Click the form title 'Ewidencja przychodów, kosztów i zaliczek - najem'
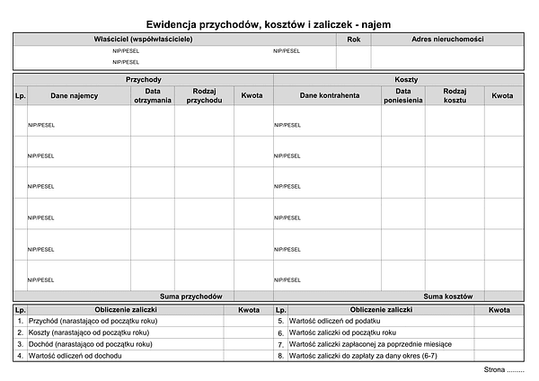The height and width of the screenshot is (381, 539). click(268, 25)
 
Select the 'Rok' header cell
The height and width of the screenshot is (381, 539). click(353, 40)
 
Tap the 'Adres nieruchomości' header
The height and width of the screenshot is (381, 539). click(447, 40)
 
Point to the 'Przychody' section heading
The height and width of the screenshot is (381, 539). click(144, 80)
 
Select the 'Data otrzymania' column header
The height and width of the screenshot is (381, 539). click(153, 95)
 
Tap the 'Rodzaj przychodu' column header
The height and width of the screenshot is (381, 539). click(204, 95)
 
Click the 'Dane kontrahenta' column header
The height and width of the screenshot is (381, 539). click(330, 95)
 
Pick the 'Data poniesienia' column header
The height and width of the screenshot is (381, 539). click(402, 95)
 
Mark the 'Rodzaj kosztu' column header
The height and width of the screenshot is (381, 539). click(455, 95)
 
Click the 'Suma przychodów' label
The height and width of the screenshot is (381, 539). click(190, 296)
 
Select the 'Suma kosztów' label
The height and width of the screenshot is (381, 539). click(446, 296)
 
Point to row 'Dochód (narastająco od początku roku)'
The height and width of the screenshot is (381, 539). click(91, 344)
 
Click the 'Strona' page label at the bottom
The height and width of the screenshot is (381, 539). click(503, 370)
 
